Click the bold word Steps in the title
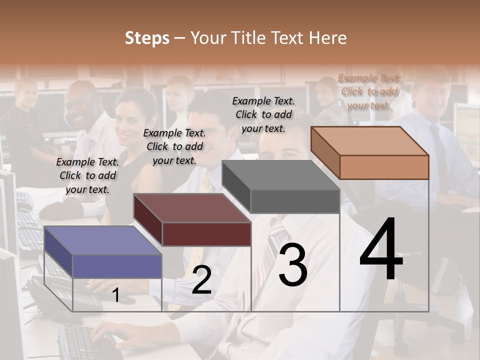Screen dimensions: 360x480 click(147, 38)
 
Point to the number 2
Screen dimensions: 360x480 click(201, 280)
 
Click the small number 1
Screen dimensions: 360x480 click(116, 295)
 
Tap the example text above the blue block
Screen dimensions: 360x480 click(87, 175)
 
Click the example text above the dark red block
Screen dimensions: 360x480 click(174, 146)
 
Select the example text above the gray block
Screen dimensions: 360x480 click(263, 114)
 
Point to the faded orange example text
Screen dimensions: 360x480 click(369, 91)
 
